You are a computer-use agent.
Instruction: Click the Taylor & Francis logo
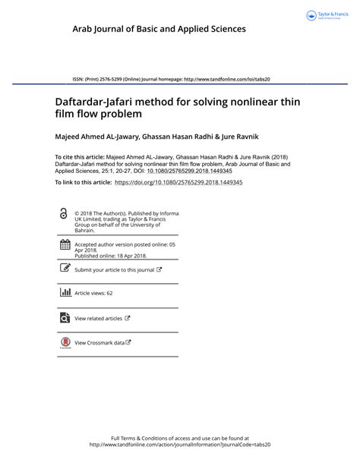[x=326, y=15]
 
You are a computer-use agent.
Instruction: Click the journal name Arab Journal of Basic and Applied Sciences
[x=159, y=29]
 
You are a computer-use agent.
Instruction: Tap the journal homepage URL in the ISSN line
[x=228, y=78]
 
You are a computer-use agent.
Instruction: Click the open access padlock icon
[x=63, y=215]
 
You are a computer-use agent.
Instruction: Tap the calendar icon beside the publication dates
[x=65, y=245]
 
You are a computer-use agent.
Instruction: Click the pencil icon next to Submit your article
[x=65, y=269]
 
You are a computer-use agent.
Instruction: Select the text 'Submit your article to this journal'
[x=114, y=269]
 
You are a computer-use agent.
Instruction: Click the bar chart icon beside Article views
[x=65, y=292]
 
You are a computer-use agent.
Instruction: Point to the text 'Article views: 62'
[x=93, y=293]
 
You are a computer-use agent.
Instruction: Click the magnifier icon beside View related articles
[x=65, y=318]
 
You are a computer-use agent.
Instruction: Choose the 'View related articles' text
[x=98, y=319]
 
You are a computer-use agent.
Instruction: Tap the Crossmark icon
[x=65, y=342]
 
